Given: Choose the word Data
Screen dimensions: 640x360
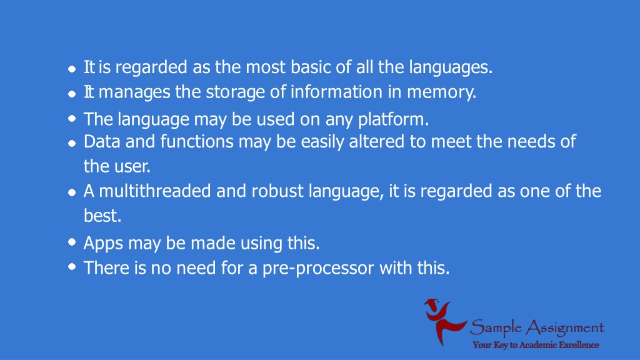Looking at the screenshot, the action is click(x=102, y=142).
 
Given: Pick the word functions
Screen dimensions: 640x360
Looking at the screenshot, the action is click(x=197, y=141).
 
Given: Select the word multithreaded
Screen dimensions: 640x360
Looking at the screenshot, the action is click(x=155, y=191).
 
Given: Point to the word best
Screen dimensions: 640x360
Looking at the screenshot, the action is click(x=102, y=216).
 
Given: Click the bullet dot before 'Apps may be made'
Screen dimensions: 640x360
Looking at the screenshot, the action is click(x=72, y=242).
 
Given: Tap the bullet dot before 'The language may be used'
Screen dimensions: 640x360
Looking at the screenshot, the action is click(x=72, y=118).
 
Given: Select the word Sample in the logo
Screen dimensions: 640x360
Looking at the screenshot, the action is click(x=496, y=327).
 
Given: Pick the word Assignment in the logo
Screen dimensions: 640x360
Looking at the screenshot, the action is click(x=564, y=327).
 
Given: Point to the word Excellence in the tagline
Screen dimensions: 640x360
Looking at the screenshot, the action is click(x=579, y=345).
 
